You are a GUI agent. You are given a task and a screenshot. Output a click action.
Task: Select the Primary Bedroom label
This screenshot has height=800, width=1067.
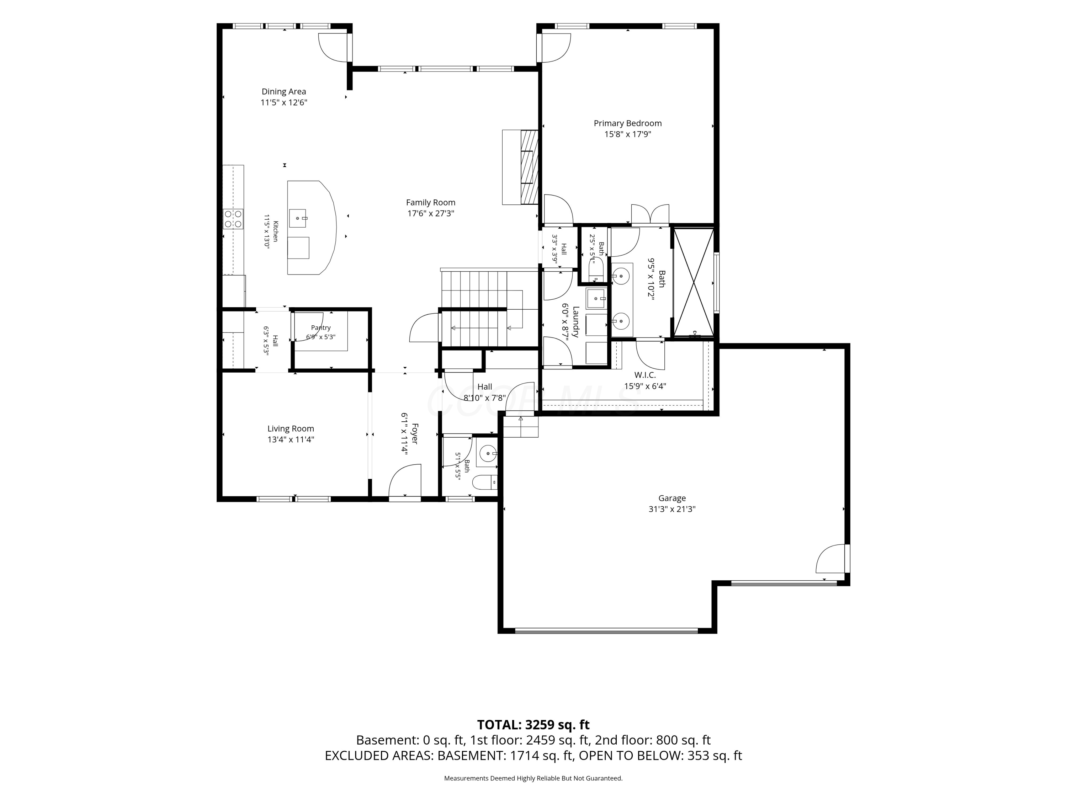(627, 123)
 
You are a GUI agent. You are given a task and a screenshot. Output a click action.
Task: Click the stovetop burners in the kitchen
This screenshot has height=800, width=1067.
(233, 219)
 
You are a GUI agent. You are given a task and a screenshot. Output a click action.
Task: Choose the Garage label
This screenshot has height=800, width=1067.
(672, 498)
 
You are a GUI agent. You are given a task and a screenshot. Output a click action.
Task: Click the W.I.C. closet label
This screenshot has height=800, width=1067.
(645, 375)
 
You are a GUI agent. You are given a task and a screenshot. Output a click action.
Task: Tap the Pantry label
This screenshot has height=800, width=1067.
(321, 328)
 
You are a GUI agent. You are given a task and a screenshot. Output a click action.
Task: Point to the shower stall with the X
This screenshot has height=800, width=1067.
(693, 282)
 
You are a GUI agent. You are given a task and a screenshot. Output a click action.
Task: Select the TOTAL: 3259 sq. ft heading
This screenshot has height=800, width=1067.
(533, 725)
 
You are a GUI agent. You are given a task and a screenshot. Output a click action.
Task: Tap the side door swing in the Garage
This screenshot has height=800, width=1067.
(830, 559)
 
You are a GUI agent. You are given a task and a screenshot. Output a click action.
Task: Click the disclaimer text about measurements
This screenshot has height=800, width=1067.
(533, 778)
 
